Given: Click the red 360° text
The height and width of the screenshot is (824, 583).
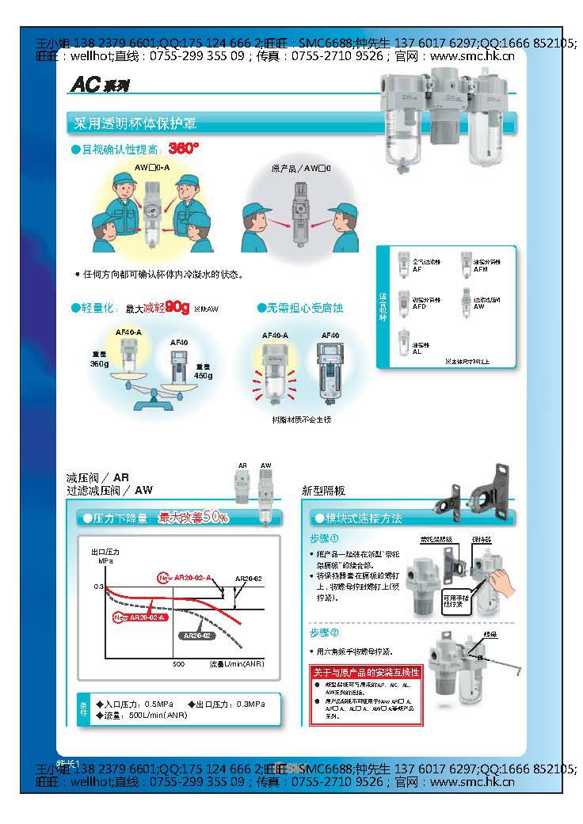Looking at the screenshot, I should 183,148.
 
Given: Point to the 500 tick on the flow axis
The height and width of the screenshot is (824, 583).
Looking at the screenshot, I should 178,663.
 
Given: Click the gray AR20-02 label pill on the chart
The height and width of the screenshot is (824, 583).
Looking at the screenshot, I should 196,636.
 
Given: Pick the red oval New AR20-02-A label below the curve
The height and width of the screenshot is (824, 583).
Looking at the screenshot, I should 139,617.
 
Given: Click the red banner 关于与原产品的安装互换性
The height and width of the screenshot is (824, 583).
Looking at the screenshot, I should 366,672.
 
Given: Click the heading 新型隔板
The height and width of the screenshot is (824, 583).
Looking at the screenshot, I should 324,491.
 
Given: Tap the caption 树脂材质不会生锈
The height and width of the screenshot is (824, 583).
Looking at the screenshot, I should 301,420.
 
